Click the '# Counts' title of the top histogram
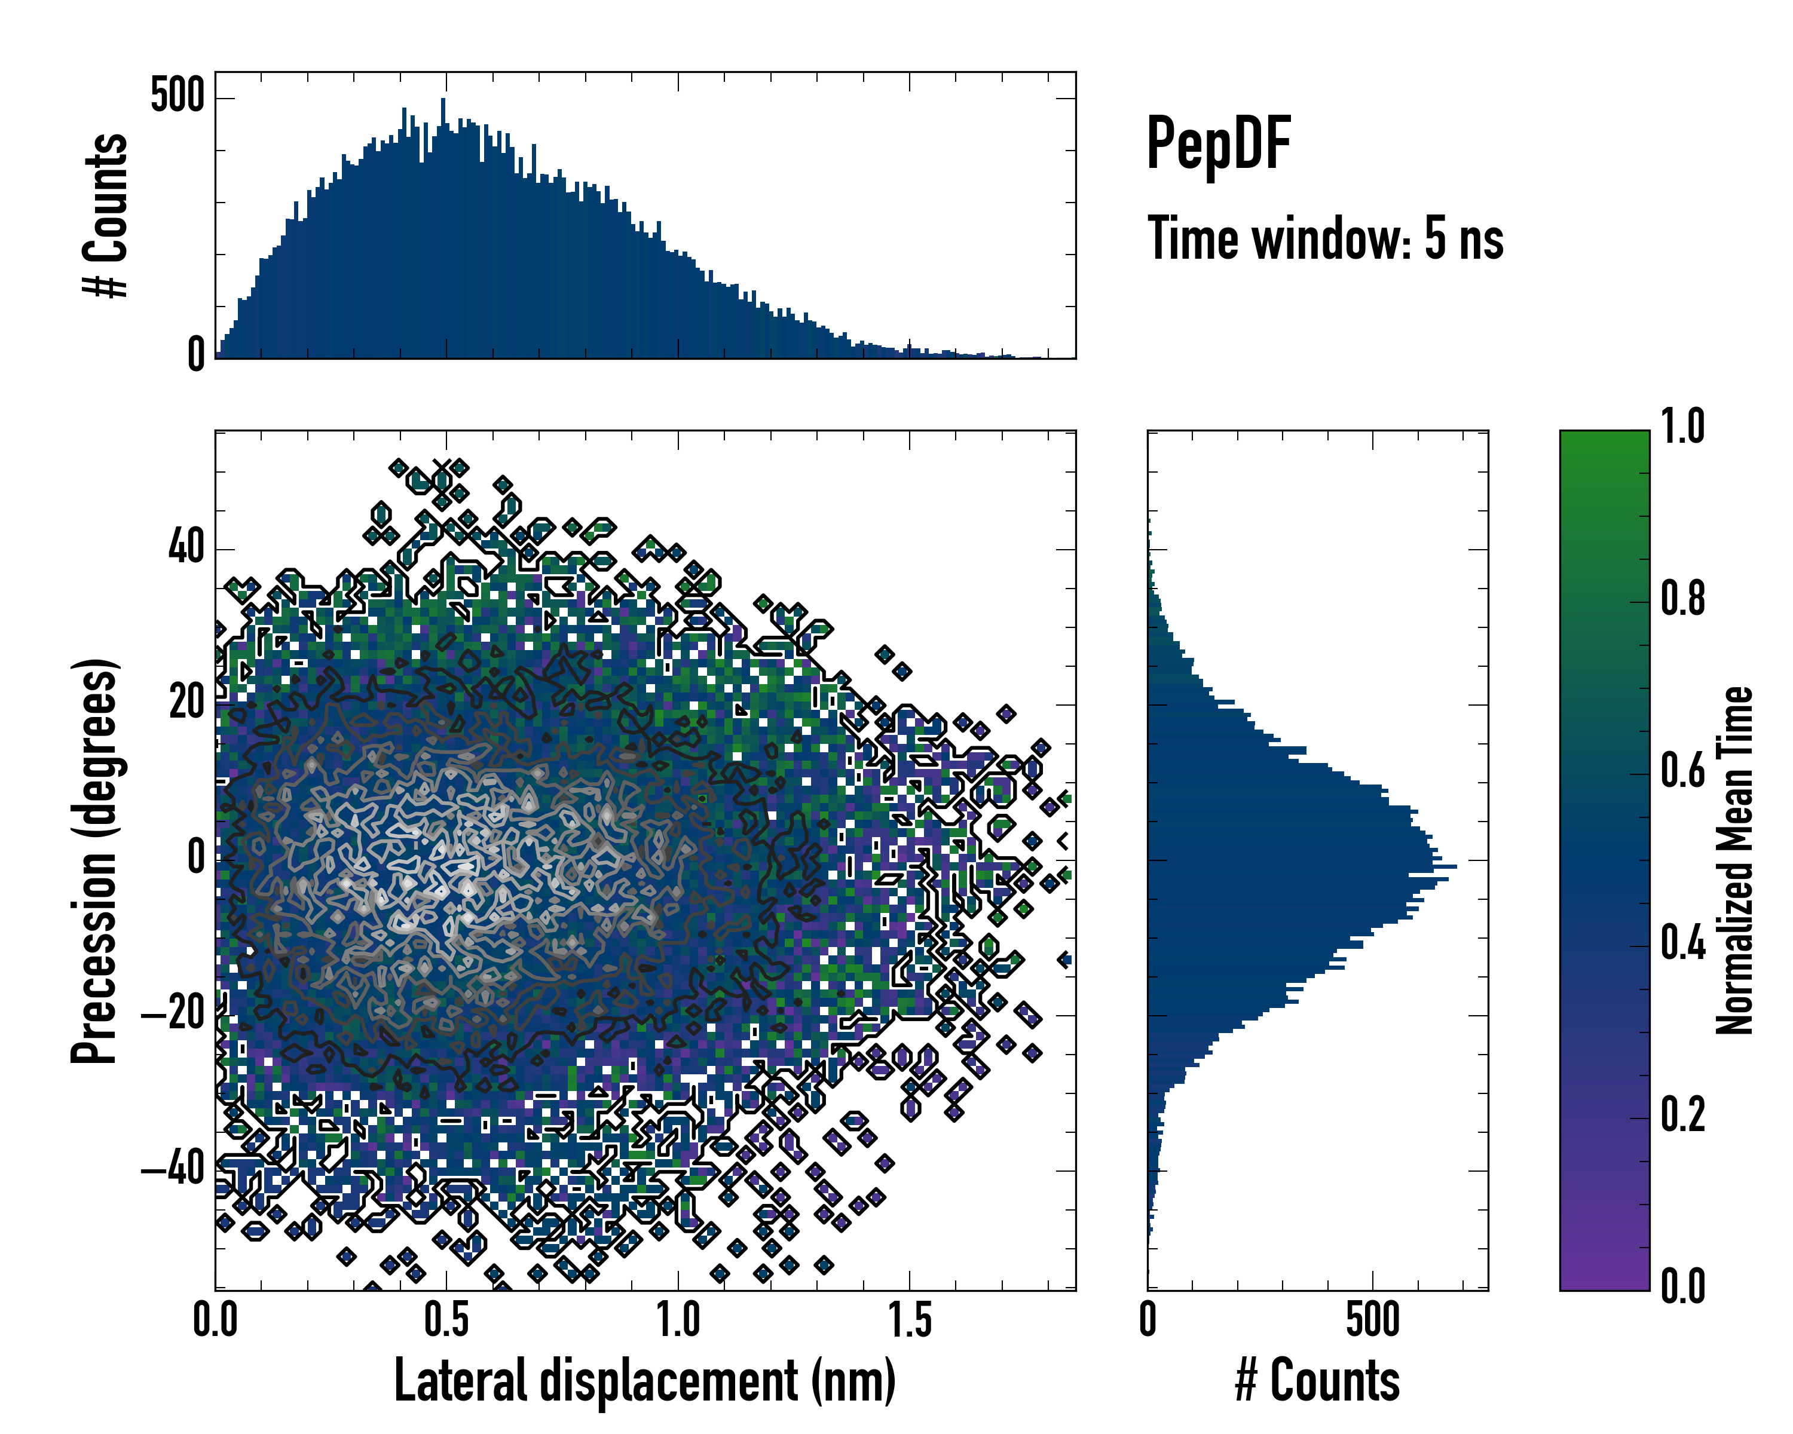(x=106, y=215)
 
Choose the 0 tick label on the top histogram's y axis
(x=196, y=355)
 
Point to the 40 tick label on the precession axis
(x=186, y=549)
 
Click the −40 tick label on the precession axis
(x=173, y=1170)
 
